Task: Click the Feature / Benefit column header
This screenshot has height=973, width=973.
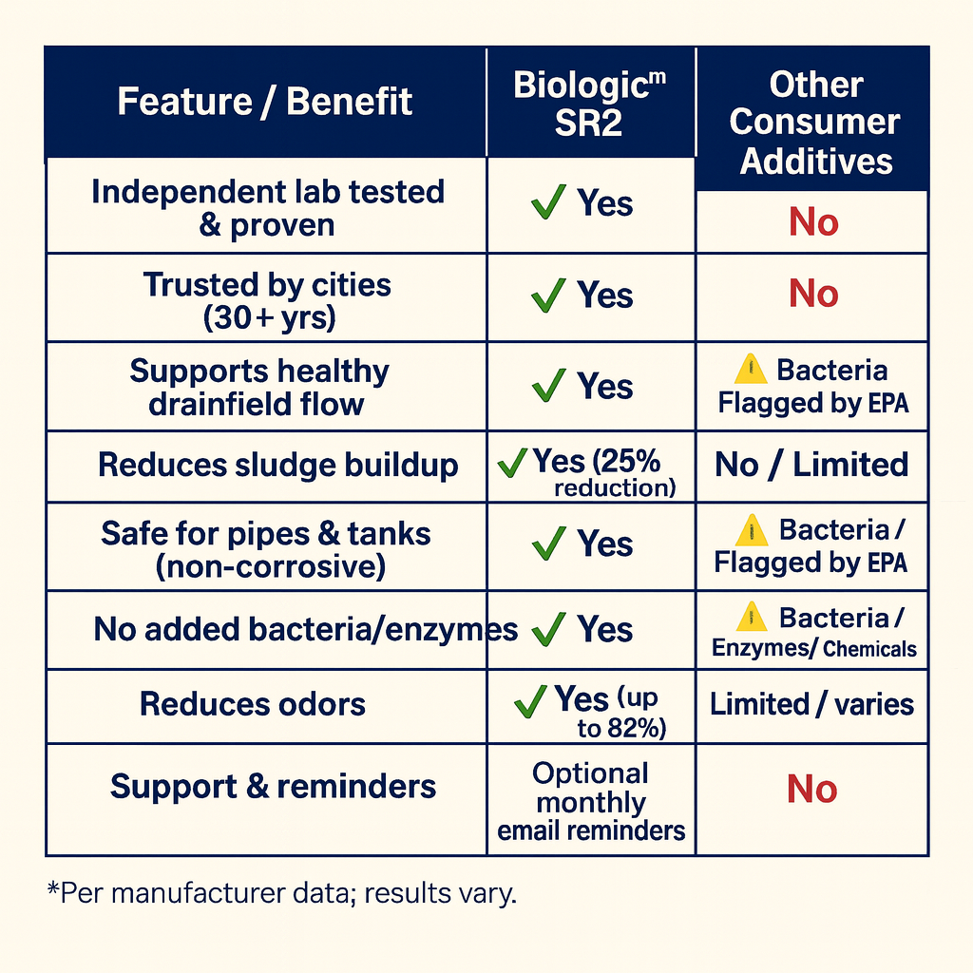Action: pos(265,102)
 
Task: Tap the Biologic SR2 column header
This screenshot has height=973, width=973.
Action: pos(590,103)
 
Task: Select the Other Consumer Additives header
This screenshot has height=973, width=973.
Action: pos(814,122)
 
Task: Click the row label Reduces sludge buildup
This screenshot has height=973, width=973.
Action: pos(278,466)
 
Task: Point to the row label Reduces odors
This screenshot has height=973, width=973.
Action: pos(253,704)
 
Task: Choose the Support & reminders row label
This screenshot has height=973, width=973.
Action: pos(274,787)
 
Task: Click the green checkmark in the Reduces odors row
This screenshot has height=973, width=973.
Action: pos(530,702)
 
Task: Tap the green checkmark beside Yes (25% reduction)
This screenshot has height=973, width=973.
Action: pos(512,463)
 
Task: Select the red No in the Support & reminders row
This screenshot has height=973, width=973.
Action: pos(812,790)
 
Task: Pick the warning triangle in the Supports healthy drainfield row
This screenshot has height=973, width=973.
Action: pos(751,369)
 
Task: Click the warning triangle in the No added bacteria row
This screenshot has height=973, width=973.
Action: pos(752,617)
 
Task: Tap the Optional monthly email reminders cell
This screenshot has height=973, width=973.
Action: pos(591,802)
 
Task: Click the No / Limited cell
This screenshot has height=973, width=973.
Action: pos(811,466)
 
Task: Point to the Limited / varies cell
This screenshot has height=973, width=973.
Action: pos(811,704)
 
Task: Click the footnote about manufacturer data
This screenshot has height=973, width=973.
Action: pos(280,894)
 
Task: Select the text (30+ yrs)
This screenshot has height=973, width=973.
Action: pos(270,318)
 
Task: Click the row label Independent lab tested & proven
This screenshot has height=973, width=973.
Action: pos(267,208)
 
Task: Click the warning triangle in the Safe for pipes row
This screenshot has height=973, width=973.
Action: pos(752,529)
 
